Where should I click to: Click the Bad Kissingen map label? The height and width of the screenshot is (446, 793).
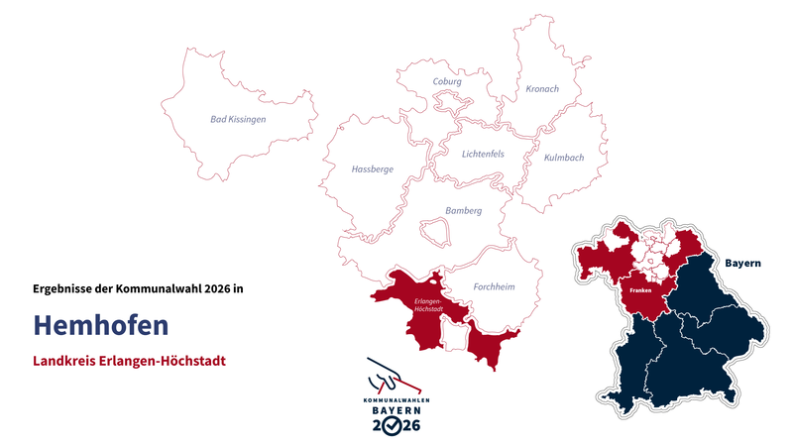pyautogui.click(x=238, y=119)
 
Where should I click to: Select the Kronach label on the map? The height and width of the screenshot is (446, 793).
pyautogui.click(x=541, y=89)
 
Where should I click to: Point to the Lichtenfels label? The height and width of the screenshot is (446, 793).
pyautogui.click(x=483, y=154)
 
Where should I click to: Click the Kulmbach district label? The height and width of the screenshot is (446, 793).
pyautogui.click(x=564, y=158)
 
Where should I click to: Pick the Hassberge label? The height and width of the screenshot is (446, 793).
pyautogui.click(x=372, y=169)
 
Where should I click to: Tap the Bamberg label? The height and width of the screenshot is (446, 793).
pyautogui.click(x=463, y=211)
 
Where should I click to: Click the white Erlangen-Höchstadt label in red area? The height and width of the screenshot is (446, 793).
pyautogui.click(x=427, y=304)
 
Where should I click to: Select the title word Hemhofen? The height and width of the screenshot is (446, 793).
pyautogui.click(x=100, y=325)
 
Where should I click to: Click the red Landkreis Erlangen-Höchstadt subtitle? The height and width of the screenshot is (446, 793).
pyautogui.click(x=129, y=361)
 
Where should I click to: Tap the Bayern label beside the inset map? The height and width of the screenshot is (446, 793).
pyautogui.click(x=742, y=264)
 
